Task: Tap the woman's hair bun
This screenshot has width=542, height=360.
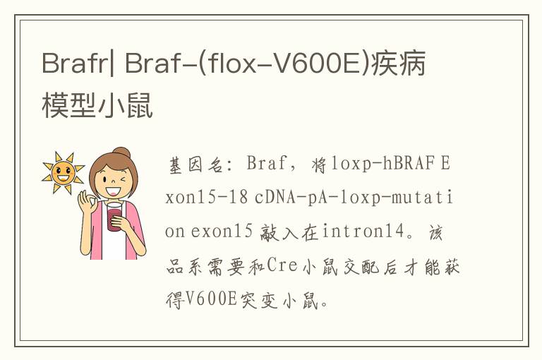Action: [x=121, y=152]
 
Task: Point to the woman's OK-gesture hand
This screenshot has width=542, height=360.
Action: [x=86, y=202]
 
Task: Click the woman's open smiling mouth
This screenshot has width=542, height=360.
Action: [x=113, y=191]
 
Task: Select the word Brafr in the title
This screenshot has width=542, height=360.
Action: [x=75, y=64]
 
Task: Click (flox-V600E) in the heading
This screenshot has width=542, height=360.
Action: [x=284, y=64]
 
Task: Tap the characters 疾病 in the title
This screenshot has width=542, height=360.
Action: [x=398, y=64]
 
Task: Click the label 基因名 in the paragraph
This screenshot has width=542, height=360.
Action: [x=196, y=164]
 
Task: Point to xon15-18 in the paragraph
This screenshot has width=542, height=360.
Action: [x=206, y=198]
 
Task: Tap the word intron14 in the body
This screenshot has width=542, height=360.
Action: [x=363, y=231]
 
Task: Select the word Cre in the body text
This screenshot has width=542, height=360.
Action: [x=282, y=265]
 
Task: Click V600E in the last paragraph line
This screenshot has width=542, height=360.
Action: [x=211, y=299]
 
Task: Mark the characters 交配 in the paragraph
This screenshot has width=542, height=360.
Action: [x=361, y=266]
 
